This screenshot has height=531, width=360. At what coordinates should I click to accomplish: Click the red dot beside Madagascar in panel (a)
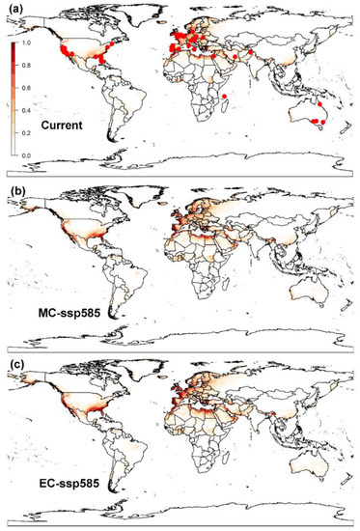coord(225,97)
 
